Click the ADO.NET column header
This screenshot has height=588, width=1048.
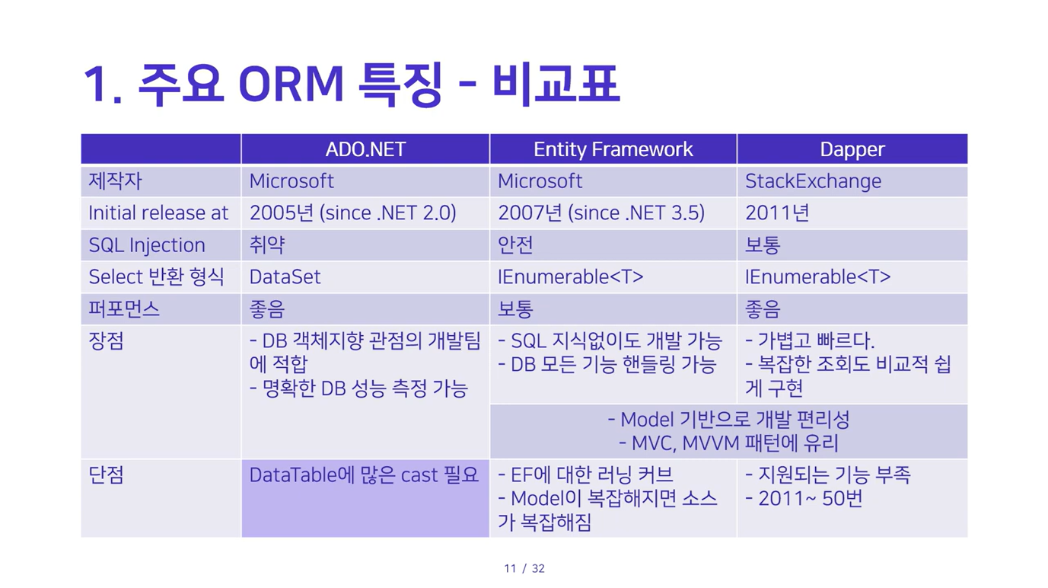pos(365,149)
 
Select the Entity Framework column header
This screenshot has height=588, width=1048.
pos(613,149)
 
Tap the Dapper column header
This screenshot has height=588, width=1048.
pos(852,149)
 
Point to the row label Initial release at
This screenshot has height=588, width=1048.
pos(158,213)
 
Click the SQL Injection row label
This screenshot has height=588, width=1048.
pos(147,245)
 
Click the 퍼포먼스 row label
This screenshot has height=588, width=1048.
pos(124,309)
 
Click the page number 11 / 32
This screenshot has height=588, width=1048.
pos(524,568)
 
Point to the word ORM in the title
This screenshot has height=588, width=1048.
pos(291,85)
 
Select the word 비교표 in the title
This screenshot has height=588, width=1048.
pos(556,85)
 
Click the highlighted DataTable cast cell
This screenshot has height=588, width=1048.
pos(365,498)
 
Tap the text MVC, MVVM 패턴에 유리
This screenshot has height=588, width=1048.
pos(728,443)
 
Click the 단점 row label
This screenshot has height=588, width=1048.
pos(107,475)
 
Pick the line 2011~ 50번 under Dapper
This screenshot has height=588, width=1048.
pos(804,499)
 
